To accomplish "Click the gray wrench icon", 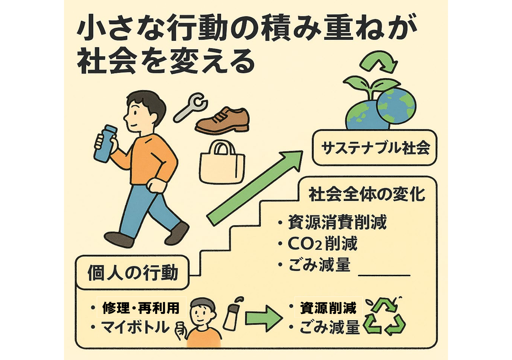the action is point(190,108).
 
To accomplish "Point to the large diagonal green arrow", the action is point(255,188).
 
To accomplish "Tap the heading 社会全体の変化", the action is point(367,195).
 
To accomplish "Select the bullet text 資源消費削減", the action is point(337,222).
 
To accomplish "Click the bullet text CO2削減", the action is point(322,244).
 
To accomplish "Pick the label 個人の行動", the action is point(133,272).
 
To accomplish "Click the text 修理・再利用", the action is point(141,308).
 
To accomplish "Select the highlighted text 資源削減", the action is point(328,308).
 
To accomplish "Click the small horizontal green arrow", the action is point(264,318).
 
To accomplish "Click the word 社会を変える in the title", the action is point(166,62).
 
